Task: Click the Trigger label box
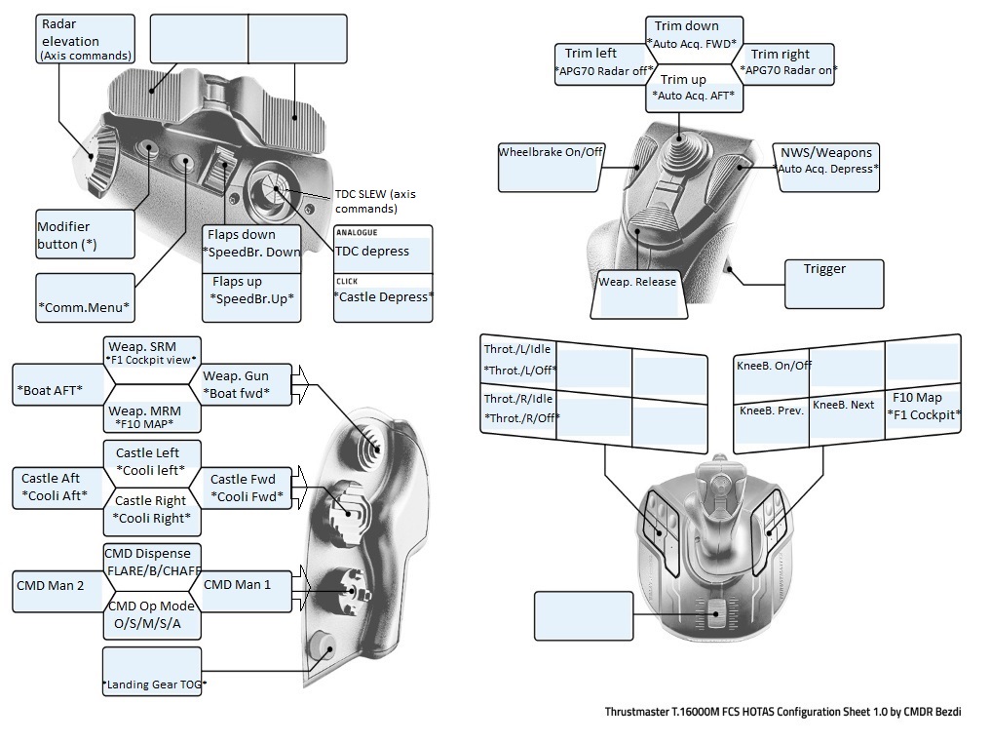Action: pyautogui.click(x=834, y=284)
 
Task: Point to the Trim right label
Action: pyautogui.click(x=788, y=62)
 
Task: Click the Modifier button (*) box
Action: pyautogui.click(x=85, y=234)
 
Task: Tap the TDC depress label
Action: pyautogui.click(x=382, y=251)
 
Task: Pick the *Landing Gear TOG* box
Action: pyautogui.click(x=152, y=671)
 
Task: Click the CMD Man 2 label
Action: pyautogui.click(x=57, y=586)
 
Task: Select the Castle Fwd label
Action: pyautogui.click(x=242, y=488)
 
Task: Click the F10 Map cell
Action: pyautogui.click(x=923, y=406)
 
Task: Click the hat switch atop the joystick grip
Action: pyautogui.click(x=672, y=152)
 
